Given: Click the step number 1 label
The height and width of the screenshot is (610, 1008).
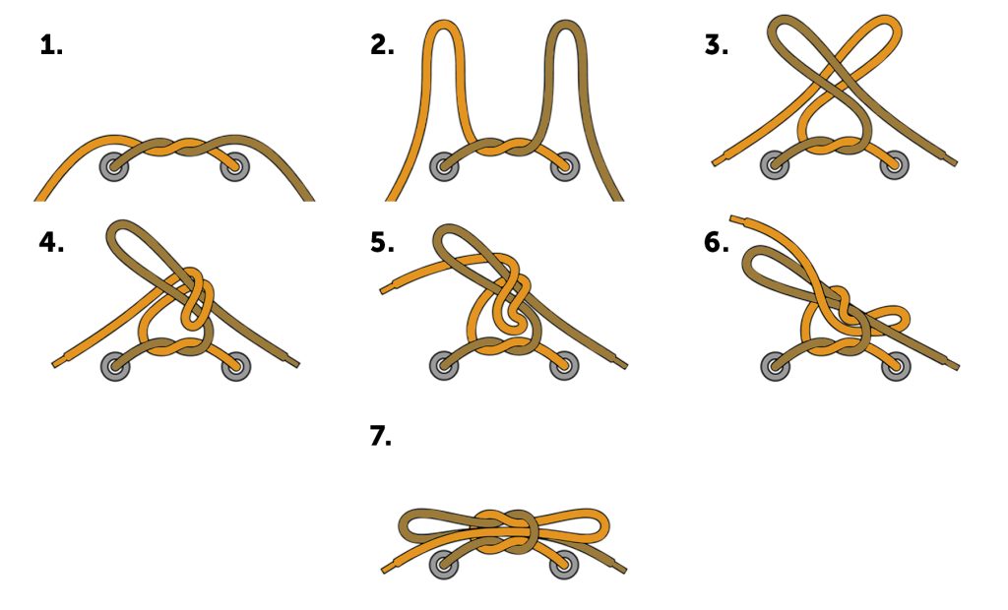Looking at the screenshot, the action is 51,45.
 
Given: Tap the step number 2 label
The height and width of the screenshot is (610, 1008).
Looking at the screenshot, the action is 382,45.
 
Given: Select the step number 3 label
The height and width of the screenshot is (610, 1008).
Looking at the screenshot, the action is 717,45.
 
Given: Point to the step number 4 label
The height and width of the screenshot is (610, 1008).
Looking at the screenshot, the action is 51,242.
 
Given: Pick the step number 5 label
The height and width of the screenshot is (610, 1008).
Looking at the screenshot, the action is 382,242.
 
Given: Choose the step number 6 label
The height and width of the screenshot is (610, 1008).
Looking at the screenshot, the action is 717,242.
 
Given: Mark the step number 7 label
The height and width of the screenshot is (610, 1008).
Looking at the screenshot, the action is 381,437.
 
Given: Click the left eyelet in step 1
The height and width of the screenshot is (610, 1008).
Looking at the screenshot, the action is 114,167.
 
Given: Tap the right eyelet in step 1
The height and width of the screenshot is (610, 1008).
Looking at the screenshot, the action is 234,167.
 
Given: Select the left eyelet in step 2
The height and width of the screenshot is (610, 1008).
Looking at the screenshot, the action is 444,166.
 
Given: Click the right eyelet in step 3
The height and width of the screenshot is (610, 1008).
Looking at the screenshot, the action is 894,164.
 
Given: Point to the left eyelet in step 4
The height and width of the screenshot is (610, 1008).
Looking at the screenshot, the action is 116,366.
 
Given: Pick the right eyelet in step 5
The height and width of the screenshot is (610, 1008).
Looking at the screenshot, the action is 564,365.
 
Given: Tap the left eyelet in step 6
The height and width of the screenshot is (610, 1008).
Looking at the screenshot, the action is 776,366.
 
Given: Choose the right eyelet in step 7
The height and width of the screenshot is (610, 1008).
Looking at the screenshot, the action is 564,564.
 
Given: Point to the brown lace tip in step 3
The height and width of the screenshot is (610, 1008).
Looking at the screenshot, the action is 953,162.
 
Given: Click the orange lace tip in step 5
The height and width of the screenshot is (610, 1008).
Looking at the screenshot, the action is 385,289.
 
